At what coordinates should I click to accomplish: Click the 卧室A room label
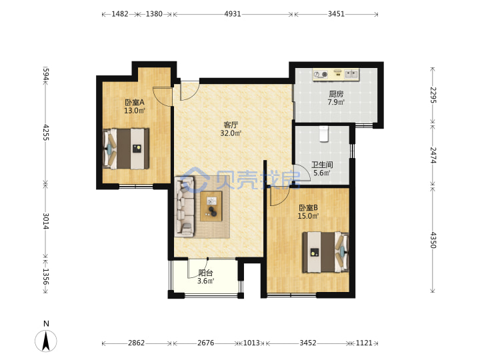click(x=135, y=102)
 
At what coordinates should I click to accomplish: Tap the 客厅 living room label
click(x=231, y=125)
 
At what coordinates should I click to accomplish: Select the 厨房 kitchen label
click(x=336, y=94)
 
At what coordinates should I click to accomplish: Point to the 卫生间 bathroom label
click(x=322, y=165)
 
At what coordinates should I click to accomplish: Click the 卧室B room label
click(x=308, y=207)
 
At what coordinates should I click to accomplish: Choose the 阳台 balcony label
click(x=205, y=273)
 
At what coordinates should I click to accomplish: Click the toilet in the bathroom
click(x=323, y=133)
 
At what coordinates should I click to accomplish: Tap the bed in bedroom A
click(x=126, y=149)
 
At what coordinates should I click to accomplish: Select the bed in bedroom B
click(x=326, y=252)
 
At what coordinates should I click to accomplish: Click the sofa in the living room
click(x=184, y=207)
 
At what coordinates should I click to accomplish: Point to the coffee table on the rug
click(x=211, y=206)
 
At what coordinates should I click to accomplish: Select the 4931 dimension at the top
click(x=233, y=14)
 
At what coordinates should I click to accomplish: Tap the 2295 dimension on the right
click(x=433, y=95)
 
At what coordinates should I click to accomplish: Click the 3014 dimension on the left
click(x=45, y=221)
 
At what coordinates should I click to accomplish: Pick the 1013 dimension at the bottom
click(x=251, y=343)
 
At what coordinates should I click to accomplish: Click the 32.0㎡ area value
click(x=231, y=133)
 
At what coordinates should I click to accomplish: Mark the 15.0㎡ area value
click(x=308, y=216)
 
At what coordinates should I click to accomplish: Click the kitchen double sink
click(x=351, y=74)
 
